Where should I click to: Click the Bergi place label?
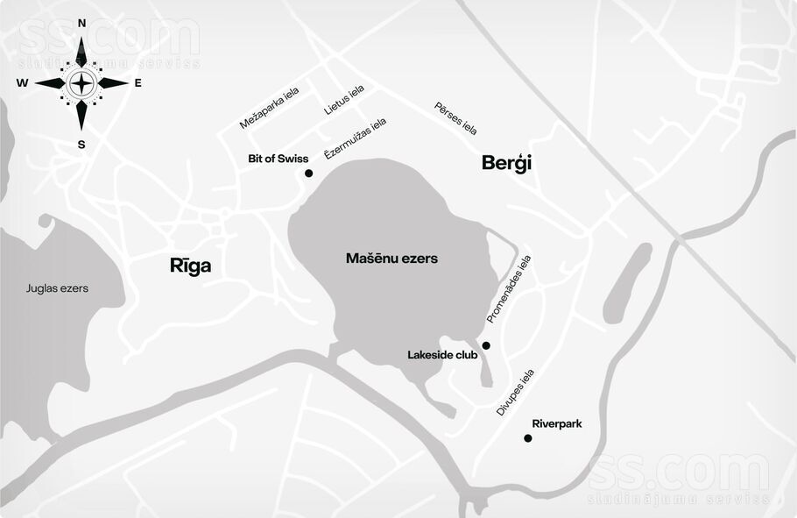point(507,163)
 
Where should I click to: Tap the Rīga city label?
point(190,266)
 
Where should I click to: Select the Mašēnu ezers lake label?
point(391,259)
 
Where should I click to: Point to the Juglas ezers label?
point(57,287)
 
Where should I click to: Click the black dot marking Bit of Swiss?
point(308,174)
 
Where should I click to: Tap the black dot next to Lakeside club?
point(486,345)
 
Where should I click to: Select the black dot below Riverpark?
point(527,438)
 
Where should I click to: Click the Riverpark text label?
point(556,423)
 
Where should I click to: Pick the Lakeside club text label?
point(442,355)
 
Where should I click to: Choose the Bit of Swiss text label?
point(279,159)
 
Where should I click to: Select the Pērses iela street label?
point(455,118)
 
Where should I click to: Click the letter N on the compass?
point(81,24)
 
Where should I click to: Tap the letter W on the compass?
point(22,83)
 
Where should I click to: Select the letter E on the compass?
point(138,83)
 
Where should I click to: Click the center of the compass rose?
point(81,84)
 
